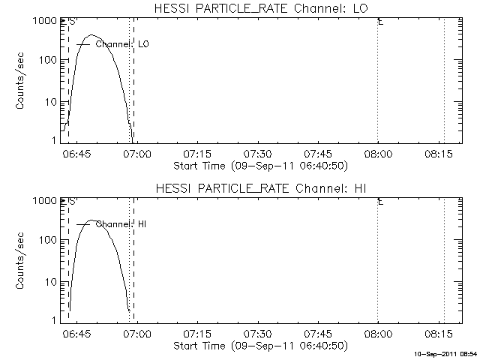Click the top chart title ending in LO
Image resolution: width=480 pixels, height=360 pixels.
[261, 8]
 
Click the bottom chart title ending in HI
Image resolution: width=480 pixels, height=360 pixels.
[261, 188]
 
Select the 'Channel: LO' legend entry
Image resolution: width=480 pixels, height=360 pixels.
[112, 44]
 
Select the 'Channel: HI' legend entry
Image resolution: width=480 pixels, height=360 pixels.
[112, 224]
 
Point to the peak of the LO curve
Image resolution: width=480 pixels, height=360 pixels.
[91, 35]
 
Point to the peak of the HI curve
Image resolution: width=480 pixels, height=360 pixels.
[91, 220]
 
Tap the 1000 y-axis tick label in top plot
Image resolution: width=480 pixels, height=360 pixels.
[45, 21]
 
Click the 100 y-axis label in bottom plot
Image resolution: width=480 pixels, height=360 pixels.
[48, 240]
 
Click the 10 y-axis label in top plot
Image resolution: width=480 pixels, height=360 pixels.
[51, 102]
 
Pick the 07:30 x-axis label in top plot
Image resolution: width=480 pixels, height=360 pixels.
[258, 154]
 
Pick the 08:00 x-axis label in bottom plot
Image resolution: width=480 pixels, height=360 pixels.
[378, 333]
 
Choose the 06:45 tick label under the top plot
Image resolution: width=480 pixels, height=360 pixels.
[76, 154]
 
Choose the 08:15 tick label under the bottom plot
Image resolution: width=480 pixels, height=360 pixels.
[438, 333]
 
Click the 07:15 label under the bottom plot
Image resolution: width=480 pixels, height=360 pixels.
[197, 333]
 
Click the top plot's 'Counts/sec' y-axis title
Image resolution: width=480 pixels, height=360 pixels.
[19, 81]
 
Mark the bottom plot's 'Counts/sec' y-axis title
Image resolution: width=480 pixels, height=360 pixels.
[19, 261]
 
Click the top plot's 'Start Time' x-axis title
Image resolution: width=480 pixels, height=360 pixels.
[261, 166]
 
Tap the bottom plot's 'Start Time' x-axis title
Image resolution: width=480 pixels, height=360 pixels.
[261, 346]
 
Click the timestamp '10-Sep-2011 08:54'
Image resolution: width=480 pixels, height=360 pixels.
[445, 355]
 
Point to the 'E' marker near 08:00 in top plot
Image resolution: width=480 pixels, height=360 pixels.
[381, 22]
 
